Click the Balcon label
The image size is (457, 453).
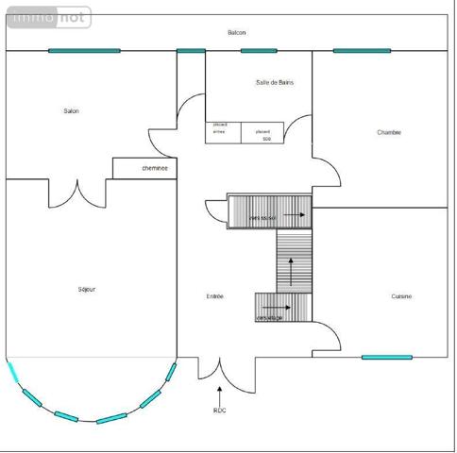(x=236, y=33)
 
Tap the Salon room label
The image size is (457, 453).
(x=71, y=111)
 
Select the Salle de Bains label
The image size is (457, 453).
(x=274, y=83)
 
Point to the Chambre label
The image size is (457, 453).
(x=389, y=132)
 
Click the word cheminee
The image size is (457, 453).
(x=155, y=168)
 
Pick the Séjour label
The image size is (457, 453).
(x=87, y=289)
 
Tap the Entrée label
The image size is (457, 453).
(x=214, y=296)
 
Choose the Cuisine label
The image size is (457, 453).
(x=401, y=296)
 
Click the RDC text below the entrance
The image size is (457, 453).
(x=219, y=411)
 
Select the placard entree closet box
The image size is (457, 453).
(x=223, y=133)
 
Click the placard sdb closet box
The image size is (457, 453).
(x=263, y=133)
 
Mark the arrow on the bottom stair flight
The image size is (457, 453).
(x=280, y=308)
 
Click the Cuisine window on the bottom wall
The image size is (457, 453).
(x=386, y=358)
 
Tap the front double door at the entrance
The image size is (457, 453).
(x=220, y=370)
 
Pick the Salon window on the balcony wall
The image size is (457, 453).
(x=84, y=50)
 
